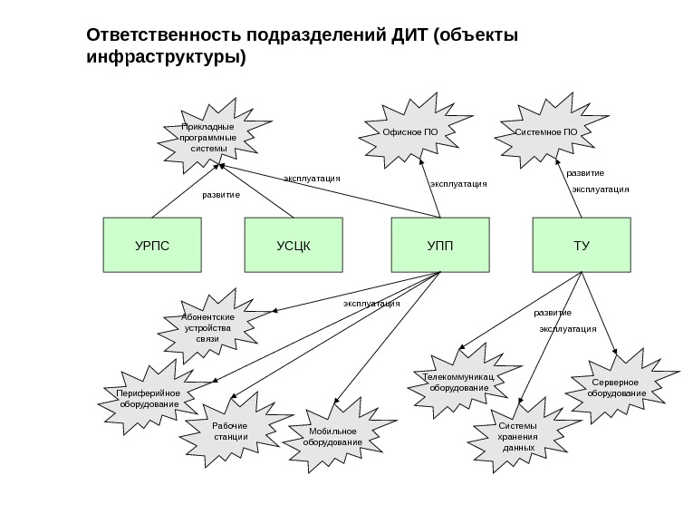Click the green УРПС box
coord(151,245)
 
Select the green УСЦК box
coord(294,245)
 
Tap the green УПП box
coord(439,245)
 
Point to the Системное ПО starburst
coord(546,132)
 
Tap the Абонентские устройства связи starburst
coord(208,327)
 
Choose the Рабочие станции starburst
coord(230,431)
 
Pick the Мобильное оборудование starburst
coord(332,436)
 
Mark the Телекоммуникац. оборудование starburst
coord(458,382)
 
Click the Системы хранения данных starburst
coord(517,436)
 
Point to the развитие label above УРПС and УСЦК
coord(221,195)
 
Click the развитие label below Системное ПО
coord(585,172)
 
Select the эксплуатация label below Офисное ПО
coord(458,184)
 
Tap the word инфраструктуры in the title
coord(164,58)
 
